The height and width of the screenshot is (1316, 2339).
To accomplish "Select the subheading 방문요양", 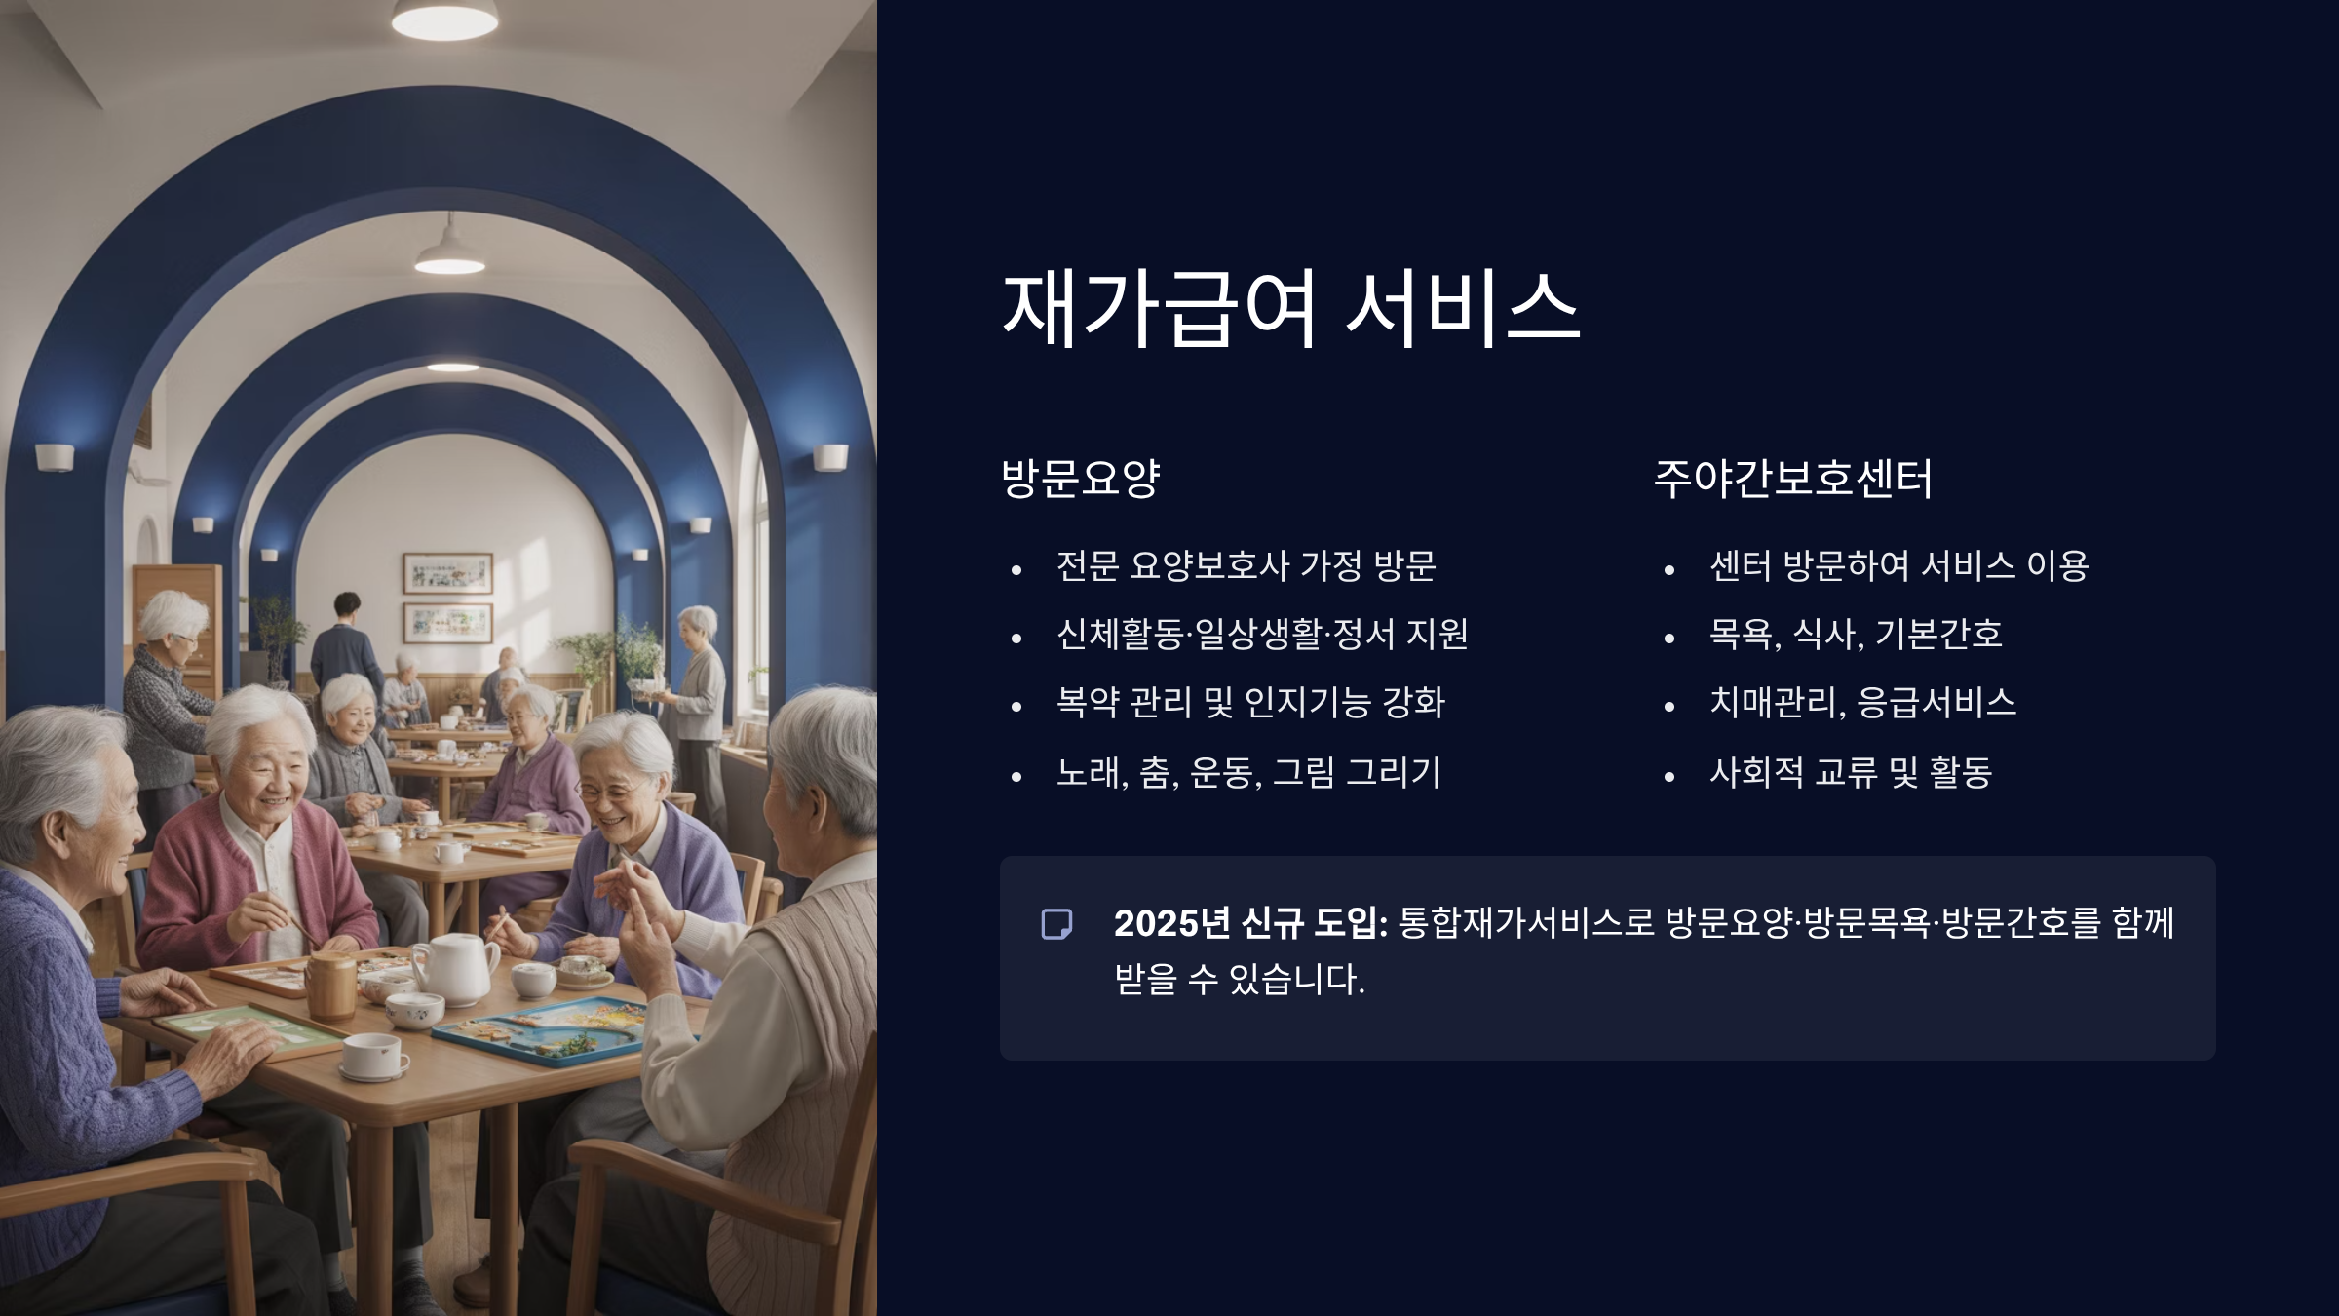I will pyautogui.click(x=1080, y=478).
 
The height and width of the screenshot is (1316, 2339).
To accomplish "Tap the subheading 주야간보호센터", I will pyautogui.click(x=1792, y=478).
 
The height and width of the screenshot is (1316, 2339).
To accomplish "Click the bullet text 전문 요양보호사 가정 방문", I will pyautogui.click(x=1246, y=565).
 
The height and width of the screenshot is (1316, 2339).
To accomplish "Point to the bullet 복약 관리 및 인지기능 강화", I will pyautogui.click(x=1249, y=703).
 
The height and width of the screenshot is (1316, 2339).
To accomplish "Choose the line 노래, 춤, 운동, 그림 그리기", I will pyautogui.click(x=1247, y=772).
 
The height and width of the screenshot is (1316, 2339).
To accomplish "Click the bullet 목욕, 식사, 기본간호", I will pyautogui.click(x=1855, y=635).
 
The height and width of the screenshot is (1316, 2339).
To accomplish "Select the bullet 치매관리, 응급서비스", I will pyautogui.click(x=1861, y=703).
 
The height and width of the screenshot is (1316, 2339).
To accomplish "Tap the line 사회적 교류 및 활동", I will pyautogui.click(x=1850, y=772).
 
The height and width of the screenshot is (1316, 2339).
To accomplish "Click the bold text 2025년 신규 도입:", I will pyautogui.click(x=1249, y=923).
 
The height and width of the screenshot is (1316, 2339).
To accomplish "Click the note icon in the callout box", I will pyautogui.click(x=1056, y=924).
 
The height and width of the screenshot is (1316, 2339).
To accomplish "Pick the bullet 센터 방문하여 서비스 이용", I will pyautogui.click(x=1898, y=565).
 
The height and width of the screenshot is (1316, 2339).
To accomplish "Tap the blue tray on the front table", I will pyautogui.click(x=542, y=1029).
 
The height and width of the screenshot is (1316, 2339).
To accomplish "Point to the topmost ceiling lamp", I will pyautogui.click(x=444, y=19).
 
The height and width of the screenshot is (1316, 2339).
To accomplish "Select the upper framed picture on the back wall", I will pyautogui.click(x=447, y=573).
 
